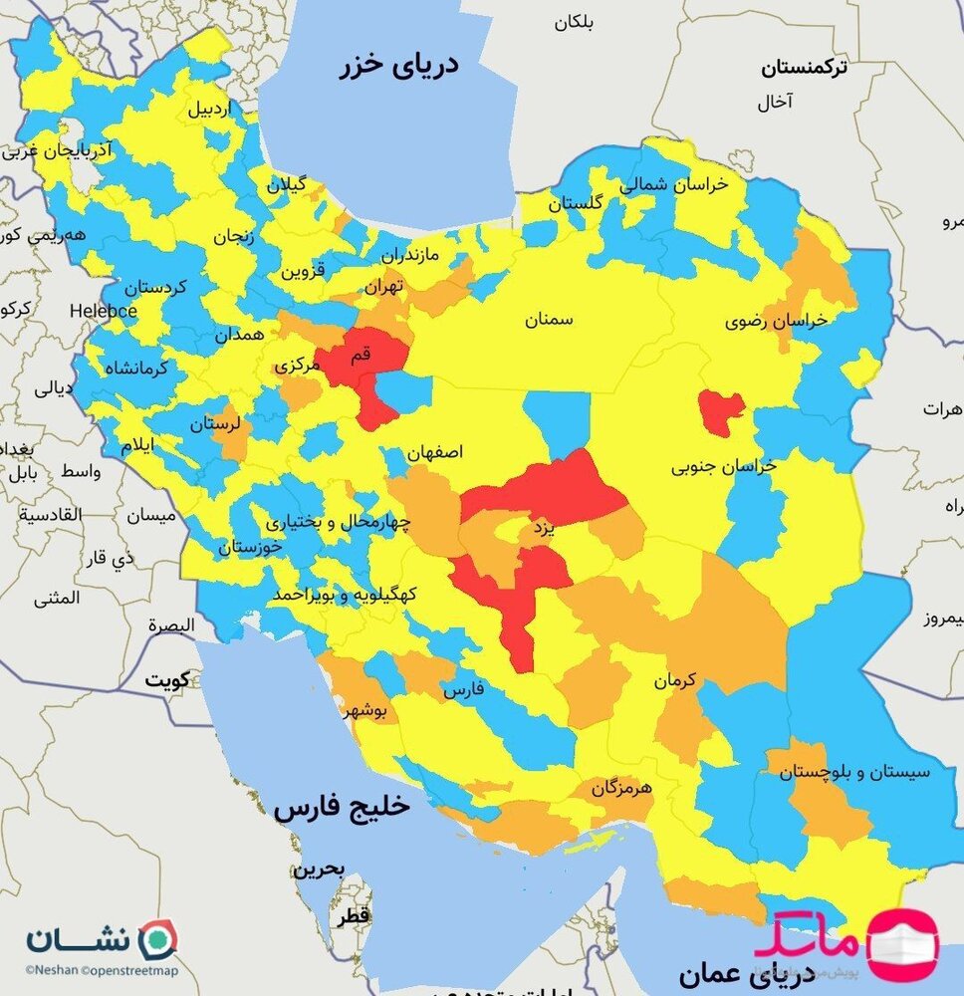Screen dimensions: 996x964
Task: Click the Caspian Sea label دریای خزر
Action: (397, 67)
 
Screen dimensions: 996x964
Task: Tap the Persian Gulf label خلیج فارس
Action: (342, 807)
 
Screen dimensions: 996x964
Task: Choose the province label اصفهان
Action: (435, 451)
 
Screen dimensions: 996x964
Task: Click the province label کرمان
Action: (673, 681)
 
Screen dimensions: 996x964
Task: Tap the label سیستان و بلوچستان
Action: (854, 771)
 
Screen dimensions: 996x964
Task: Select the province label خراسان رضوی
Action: (776, 321)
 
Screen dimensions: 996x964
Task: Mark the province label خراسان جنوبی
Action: (723, 465)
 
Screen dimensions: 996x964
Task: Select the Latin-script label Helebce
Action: (103, 311)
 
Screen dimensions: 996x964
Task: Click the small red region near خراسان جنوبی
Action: (720, 411)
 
